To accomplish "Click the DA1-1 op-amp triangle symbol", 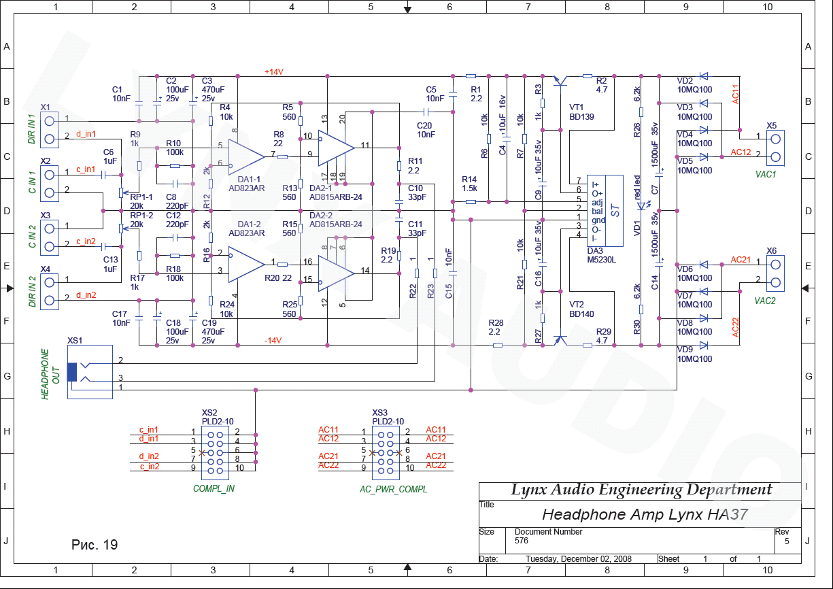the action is [245, 157].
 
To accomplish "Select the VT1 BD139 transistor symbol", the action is [560, 81].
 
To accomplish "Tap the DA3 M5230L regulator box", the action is [605, 210].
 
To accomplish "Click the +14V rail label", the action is [274, 72].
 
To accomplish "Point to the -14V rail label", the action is [273, 340].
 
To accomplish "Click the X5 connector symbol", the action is [775, 148].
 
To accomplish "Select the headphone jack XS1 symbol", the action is [90, 372].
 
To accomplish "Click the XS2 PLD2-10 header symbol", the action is [216, 453].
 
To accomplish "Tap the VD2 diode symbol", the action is [703, 76].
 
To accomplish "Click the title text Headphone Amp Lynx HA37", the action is [645, 514].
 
